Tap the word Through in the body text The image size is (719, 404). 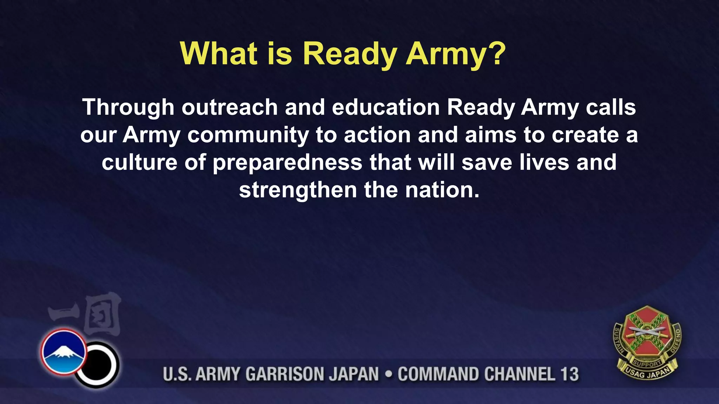pyautogui.click(x=128, y=107)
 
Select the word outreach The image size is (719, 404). pyautogui.click(x=230, y=107)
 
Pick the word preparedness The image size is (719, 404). pyautogui.click(x=288, y=163)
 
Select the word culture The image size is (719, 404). pyautogui.click(x=139, y=163)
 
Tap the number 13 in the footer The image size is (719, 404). pyautogui.click(x=569, y=374)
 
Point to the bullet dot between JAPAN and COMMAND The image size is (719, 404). pyautogui.click(x=388, y=374)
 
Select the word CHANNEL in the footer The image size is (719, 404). pyautogui.click(x=520, y=374)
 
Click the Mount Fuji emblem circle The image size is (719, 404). pyautogui.click(x=64, y=352)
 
